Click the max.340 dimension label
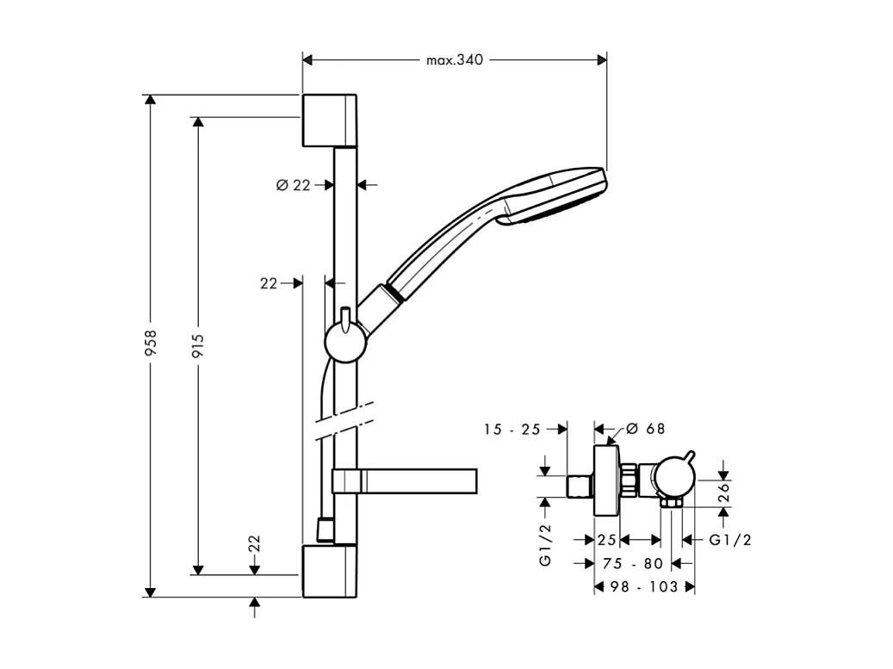(455, 60)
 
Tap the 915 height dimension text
(198, 345)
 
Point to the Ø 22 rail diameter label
(293, 185)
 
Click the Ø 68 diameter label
(646, 429)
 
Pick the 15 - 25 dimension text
(512, 429)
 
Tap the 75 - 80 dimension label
(633, 563)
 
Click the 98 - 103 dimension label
(645, 586)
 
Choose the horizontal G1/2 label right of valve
(730, 540)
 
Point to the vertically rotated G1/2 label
(545, 544)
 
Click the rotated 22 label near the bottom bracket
(254, 544)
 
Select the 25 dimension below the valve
(607, 540)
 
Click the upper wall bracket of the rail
(329, 120)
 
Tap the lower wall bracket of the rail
(329, 570)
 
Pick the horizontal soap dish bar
(405, 482)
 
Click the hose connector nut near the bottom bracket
(325, 530)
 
